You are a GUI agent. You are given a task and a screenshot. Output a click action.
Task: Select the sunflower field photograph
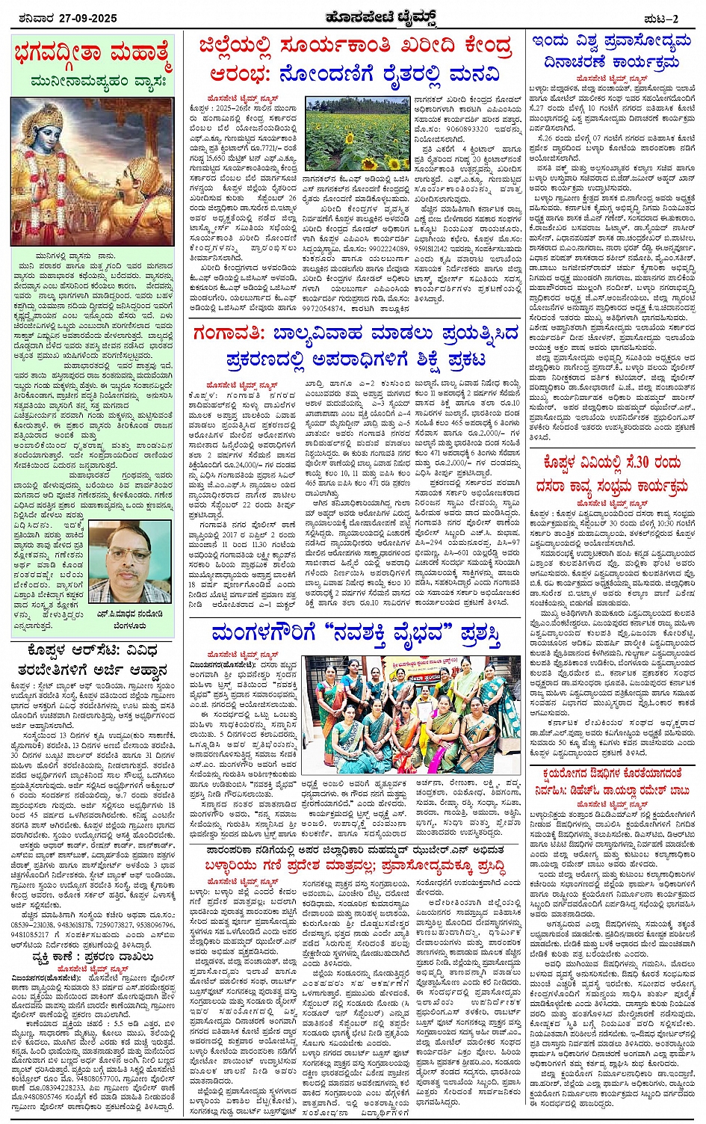point(357,132)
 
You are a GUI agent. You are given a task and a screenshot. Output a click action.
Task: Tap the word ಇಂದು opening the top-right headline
point(553,42)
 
